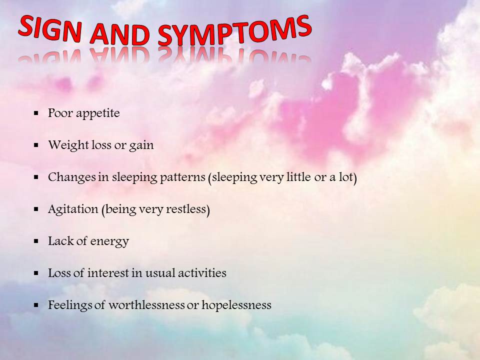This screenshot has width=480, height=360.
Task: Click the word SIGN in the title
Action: tap(50, 28)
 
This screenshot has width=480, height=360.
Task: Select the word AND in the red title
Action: tap(119, 34)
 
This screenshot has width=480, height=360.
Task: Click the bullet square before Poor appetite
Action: tap(36, 113)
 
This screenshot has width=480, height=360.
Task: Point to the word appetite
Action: tap(98, 113)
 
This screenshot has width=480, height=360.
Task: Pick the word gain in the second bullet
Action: tap(141, 145)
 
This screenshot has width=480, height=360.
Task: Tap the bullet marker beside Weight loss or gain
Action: tap(36, 145)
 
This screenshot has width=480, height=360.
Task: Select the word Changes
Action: tap(72, 177)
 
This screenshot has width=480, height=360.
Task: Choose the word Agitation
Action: tap(73, 209)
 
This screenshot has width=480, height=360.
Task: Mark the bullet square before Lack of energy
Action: tap(36, 241)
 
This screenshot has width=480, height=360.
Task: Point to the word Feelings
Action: tap(70, 305)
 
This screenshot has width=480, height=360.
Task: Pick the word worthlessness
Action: tap(146, 305)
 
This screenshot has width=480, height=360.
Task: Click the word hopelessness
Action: tap(236, 305)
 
